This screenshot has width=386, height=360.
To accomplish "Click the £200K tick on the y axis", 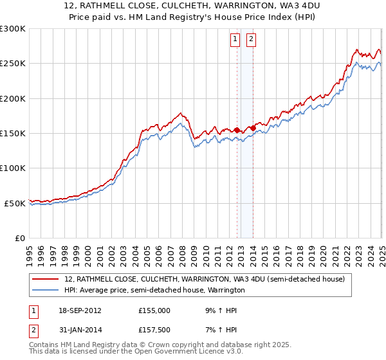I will point(13,98).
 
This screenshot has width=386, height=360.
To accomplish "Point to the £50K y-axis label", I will point(15,203).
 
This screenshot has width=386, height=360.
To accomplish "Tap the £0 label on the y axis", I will point(21,238).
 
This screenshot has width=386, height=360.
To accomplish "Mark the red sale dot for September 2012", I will point(237,130).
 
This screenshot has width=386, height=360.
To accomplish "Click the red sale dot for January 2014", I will point(253,128).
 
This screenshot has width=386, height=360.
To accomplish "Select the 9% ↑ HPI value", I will point(217,310).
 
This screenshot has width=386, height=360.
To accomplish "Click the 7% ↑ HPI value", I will point(217,332).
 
